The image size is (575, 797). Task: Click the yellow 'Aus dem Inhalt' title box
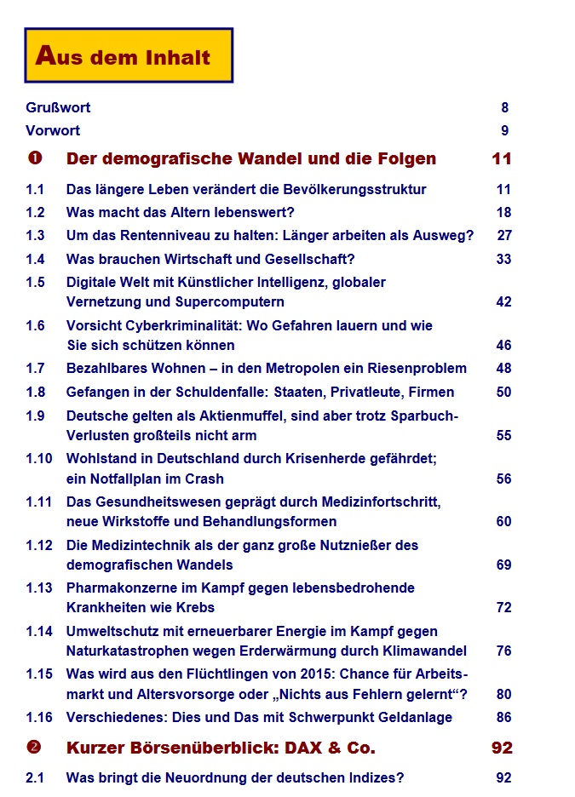click(129, 55)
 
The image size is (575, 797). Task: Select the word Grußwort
click(58, 108)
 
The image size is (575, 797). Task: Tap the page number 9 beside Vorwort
click(504, 131)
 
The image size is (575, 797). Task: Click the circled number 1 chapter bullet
click(35, 159)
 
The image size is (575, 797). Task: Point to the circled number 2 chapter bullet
click(35, 748)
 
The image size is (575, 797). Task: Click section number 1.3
click(35, 236)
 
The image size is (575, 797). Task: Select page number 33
click(503, 259)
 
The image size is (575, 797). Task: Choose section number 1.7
click(35, 369)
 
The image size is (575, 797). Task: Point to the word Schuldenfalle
click(221, 393)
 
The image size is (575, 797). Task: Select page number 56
click(503, 479)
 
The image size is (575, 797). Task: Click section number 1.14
click(38, 632)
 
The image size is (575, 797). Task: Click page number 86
click(503, 718)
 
